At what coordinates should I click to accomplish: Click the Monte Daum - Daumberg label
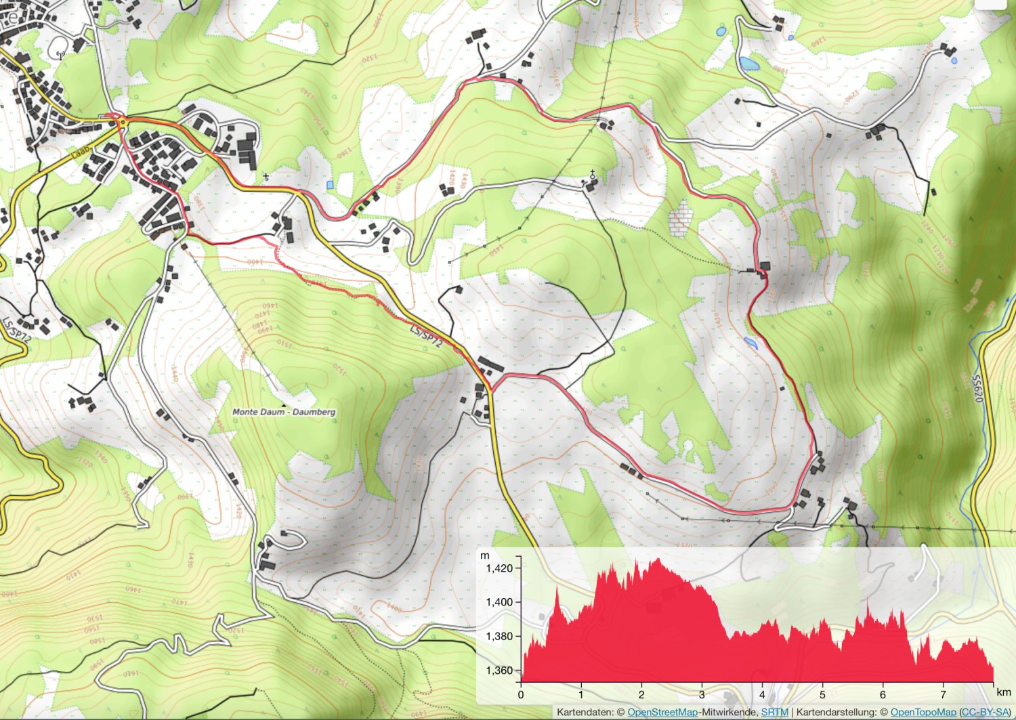pyautogui.click(x=284, y=412)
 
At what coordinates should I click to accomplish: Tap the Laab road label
pyautogui.click(x=80, y=152)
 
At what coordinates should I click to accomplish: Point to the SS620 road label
pyautogui.click(x=977, y=389)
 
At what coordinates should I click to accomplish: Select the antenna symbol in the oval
pyautogui.click(x=60, y=55)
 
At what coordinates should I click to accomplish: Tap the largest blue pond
pyautogui.click(x=749, y=64)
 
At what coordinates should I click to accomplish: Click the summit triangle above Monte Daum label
pyautogui.click(x=284, y=404)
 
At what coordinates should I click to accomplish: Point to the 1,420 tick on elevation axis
pyautogui.click(x=499, y=568)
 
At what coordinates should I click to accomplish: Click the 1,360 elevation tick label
pyautogui.click(x=499, y=671)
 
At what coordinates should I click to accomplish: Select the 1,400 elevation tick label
pyautogui.click(x=499, y=602)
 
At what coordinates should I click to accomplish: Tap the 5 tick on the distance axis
pyautogui.click(x=822, y=694)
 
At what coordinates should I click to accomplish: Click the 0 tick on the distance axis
pyautogui.click(x=521, y=694)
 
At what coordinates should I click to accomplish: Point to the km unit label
pyautogui.click(x=1004, y=692)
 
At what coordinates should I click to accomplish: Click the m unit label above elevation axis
pyautogui.click(x=485, y=556)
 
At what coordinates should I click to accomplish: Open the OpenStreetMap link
pyautogui.click(x=662, y=713)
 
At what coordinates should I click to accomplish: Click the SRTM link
pyautogui.click(x=774, y=713)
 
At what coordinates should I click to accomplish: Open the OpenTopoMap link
pyautogui.click(x=923, y=713)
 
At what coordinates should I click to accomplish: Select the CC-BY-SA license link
pyautogui.click(x=986, y=713)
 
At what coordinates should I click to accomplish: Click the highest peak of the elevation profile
pyautogui.click(x=658, y=559)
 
